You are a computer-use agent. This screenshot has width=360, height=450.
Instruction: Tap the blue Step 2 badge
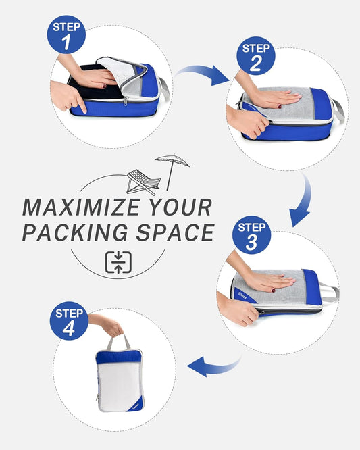(x=256, y=56)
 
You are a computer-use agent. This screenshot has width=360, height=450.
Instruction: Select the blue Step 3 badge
(x=251, y=234)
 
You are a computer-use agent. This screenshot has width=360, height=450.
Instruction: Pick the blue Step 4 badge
(x=69, y=322)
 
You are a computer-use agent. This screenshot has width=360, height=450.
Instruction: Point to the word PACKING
(x=82, y=232)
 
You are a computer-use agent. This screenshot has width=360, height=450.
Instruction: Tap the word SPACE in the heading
(x=177, y=232)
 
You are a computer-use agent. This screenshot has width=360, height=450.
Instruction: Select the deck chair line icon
(x=143, y=181)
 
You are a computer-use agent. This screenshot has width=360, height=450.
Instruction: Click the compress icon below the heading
(x=118, y=262)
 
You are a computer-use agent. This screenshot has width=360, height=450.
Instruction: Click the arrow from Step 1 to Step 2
(x=203, y=73)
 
